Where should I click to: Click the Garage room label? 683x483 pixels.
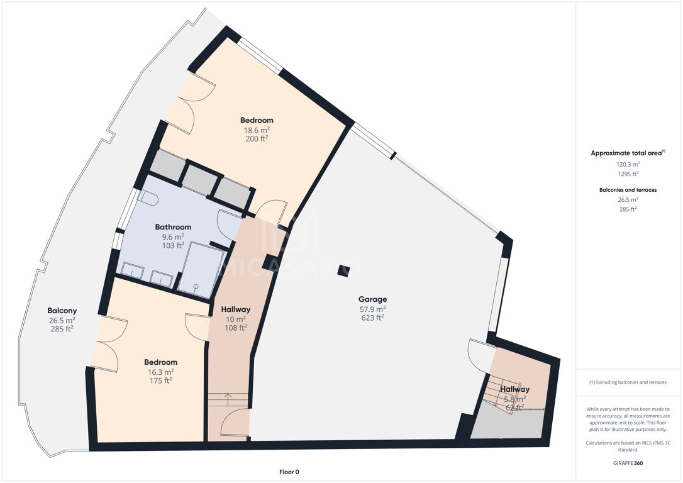[372, 299]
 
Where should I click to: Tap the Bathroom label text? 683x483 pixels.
[173, 227]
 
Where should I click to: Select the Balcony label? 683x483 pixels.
[62, 311]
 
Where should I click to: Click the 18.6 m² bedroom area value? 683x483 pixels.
[256, 130]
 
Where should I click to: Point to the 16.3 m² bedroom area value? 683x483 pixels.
[161, 372]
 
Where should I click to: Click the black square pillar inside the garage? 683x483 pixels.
[343, 270]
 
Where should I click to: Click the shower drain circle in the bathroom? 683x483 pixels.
[196, 286]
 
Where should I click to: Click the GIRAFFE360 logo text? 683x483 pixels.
[628, 463]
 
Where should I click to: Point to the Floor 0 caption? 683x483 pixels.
[289, 472]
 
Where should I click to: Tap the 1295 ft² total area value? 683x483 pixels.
[628, 174]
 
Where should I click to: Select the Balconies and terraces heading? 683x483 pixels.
[628, 190]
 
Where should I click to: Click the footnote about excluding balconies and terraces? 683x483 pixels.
[628, 382]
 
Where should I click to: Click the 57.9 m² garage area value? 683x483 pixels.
[372, 309]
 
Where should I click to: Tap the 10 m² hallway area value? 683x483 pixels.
[236, 319]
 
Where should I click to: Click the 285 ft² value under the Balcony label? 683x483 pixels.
[62, 329]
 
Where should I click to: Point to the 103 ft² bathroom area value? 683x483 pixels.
[173, 246]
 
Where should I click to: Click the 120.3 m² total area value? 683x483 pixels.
[628, 164]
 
